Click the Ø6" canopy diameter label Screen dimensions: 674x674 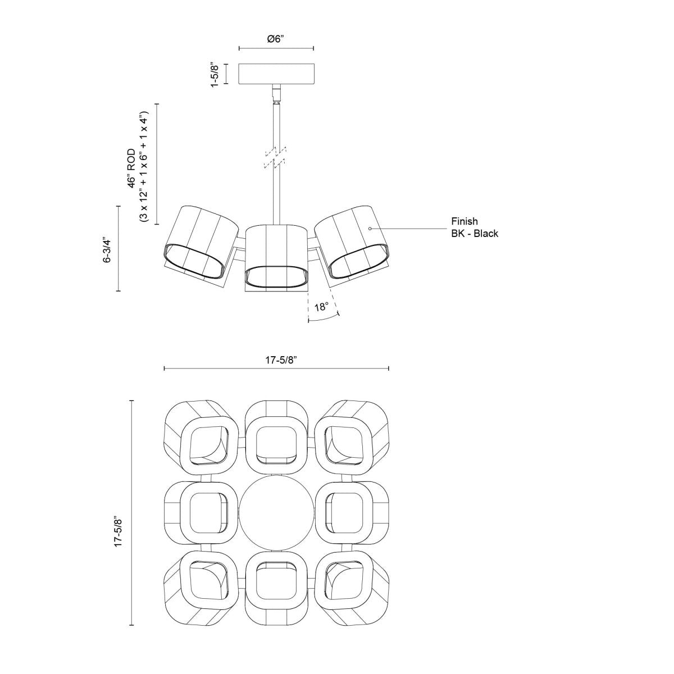[x=276, y=39]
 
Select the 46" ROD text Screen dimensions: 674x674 [x=131, y=168]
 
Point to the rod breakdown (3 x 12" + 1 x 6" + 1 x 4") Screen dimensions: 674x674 [x=144, y=163]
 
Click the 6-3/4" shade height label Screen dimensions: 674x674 [x=107, y=248]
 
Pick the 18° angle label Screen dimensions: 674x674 [x=321, y=307]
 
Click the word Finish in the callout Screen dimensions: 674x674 [x=464, y=222]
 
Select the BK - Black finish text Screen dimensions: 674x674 [x=474, y=234]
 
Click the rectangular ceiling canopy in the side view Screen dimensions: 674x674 [x=276, y=74]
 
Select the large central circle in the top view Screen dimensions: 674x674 [x=276, y=513]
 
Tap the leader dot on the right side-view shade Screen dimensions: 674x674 [x=370, y=229]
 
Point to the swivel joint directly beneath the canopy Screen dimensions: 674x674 [x=276, y=94]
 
